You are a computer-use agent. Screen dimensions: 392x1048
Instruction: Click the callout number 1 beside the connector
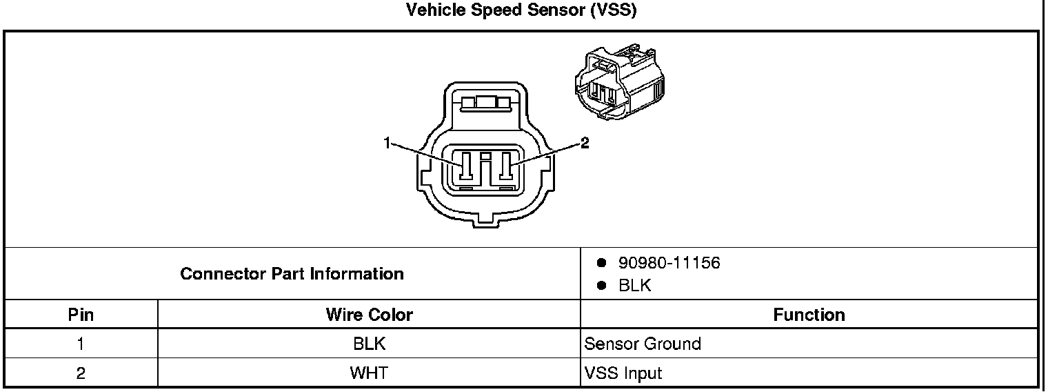387,143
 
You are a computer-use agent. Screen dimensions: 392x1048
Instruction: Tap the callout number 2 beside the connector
585,143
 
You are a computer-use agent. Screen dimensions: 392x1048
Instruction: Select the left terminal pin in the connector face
466,167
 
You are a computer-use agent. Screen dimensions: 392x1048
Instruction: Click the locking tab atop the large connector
485,104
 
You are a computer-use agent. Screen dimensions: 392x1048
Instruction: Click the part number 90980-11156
669,263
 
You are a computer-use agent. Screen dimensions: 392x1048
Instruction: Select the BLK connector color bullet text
634,286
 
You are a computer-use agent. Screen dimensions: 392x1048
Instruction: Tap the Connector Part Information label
292,274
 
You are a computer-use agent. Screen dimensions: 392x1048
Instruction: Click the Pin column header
81,315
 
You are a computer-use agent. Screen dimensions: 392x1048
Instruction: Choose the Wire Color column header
369,315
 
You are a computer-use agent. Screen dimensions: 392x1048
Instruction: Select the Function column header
809,315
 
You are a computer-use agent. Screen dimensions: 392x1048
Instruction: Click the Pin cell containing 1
81,344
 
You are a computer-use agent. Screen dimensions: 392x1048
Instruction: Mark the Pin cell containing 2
81,373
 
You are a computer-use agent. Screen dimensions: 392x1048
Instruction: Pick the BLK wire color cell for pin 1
369,344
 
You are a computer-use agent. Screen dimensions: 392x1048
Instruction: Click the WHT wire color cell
369,373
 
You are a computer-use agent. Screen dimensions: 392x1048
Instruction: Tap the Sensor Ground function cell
643,344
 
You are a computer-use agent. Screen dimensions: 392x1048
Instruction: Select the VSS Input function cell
623,373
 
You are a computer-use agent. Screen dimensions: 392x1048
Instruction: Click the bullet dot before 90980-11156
601,263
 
